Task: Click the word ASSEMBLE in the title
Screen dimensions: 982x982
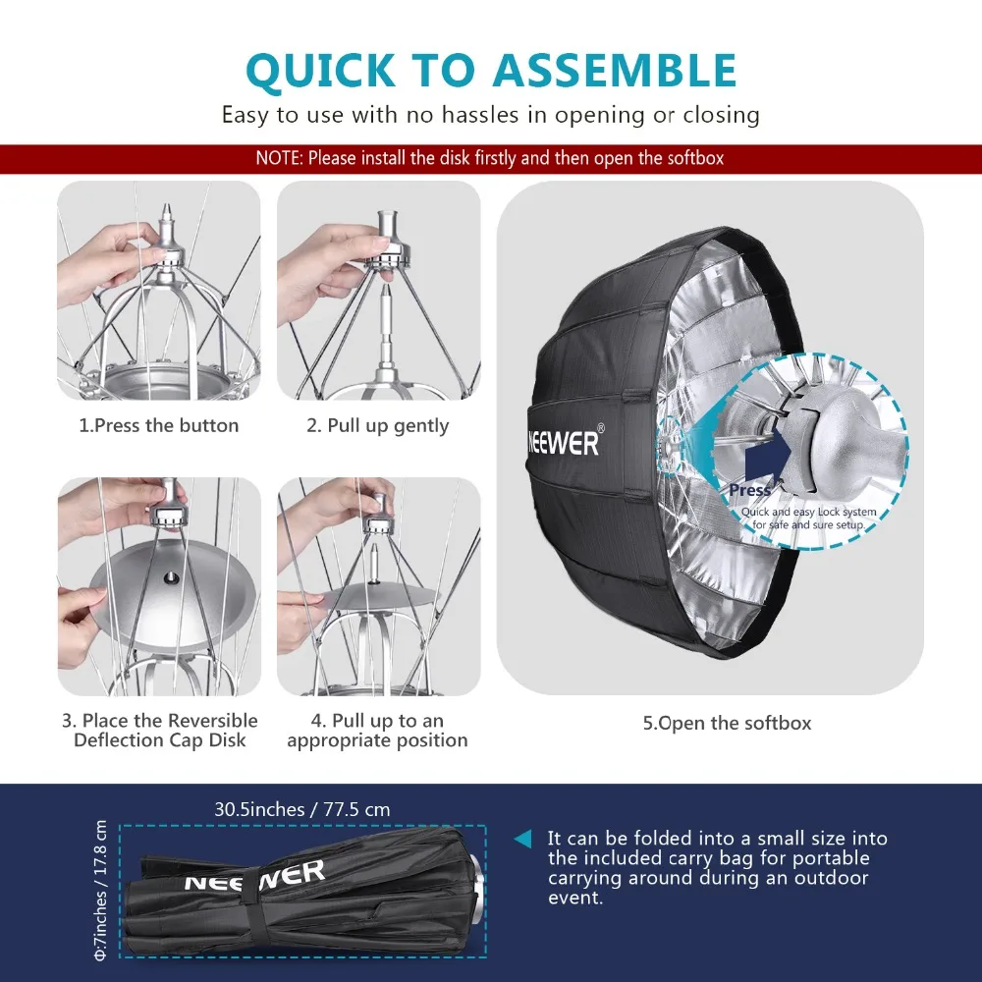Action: pos(615,70)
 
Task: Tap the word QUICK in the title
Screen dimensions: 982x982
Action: pos(321,71)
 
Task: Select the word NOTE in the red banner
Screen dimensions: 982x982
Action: pos(279,158)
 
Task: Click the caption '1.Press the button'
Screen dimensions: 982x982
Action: pos(159,426)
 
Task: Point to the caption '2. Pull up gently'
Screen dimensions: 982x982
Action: pos(378,426)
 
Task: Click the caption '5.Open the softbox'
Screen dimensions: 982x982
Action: pos(727,724)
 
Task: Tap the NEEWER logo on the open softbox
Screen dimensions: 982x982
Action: pos(564,443)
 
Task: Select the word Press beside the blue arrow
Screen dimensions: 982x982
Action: pos(749,490)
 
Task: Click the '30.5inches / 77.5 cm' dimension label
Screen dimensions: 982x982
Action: pos(302,809)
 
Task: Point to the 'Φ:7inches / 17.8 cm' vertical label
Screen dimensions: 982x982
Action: pos(100,890)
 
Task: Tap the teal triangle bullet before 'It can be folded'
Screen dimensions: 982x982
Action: pos(523,840)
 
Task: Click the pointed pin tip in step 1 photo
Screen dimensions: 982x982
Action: pos(167,205)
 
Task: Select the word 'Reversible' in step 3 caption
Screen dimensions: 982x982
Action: pos(213,721)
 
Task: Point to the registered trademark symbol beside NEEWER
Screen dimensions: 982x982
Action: pos(601,428)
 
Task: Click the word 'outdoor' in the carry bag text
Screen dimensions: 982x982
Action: pos(831,878)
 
